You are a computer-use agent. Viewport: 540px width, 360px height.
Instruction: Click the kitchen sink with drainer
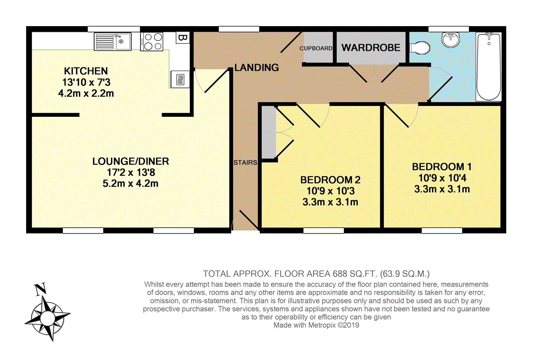click(x=113, y=42)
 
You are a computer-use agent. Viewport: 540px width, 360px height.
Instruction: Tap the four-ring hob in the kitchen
click(x=152, y=42)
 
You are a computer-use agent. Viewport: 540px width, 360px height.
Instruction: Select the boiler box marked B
click(x=183, y=38)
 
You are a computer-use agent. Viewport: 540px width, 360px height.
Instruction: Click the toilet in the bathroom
click(x=420, y=48)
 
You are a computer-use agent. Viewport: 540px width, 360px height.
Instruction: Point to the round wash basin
click(x=451, y=40)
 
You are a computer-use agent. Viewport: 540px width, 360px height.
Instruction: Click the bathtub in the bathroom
click(x=489, y=67)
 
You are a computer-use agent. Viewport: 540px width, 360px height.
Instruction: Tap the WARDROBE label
click(x=371, y=48)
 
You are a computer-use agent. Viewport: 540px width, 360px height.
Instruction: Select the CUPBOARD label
click(x=316, y=48)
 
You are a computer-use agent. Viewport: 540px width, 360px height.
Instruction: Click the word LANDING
click(x=257, y=68)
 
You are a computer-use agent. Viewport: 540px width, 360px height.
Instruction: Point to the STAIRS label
click(x=245, y=162)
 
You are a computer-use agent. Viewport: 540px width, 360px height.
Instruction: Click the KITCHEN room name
click(x=86, y=71)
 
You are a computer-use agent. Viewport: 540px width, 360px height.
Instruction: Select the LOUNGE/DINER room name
click(x=131, y=161)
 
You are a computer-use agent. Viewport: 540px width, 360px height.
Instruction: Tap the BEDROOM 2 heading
click(x=330, y=180)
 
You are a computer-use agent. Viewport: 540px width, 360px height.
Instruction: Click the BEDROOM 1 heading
click(x=442, y=167)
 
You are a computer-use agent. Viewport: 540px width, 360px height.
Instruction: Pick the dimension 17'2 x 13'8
click(x=131, y=173)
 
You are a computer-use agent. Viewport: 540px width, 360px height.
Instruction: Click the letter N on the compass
click(x=41, y=289)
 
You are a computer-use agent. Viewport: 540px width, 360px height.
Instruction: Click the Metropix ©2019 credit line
click(x=316, y=325)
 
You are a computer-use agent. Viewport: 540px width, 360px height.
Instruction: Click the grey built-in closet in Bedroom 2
click(x=269, y=132)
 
